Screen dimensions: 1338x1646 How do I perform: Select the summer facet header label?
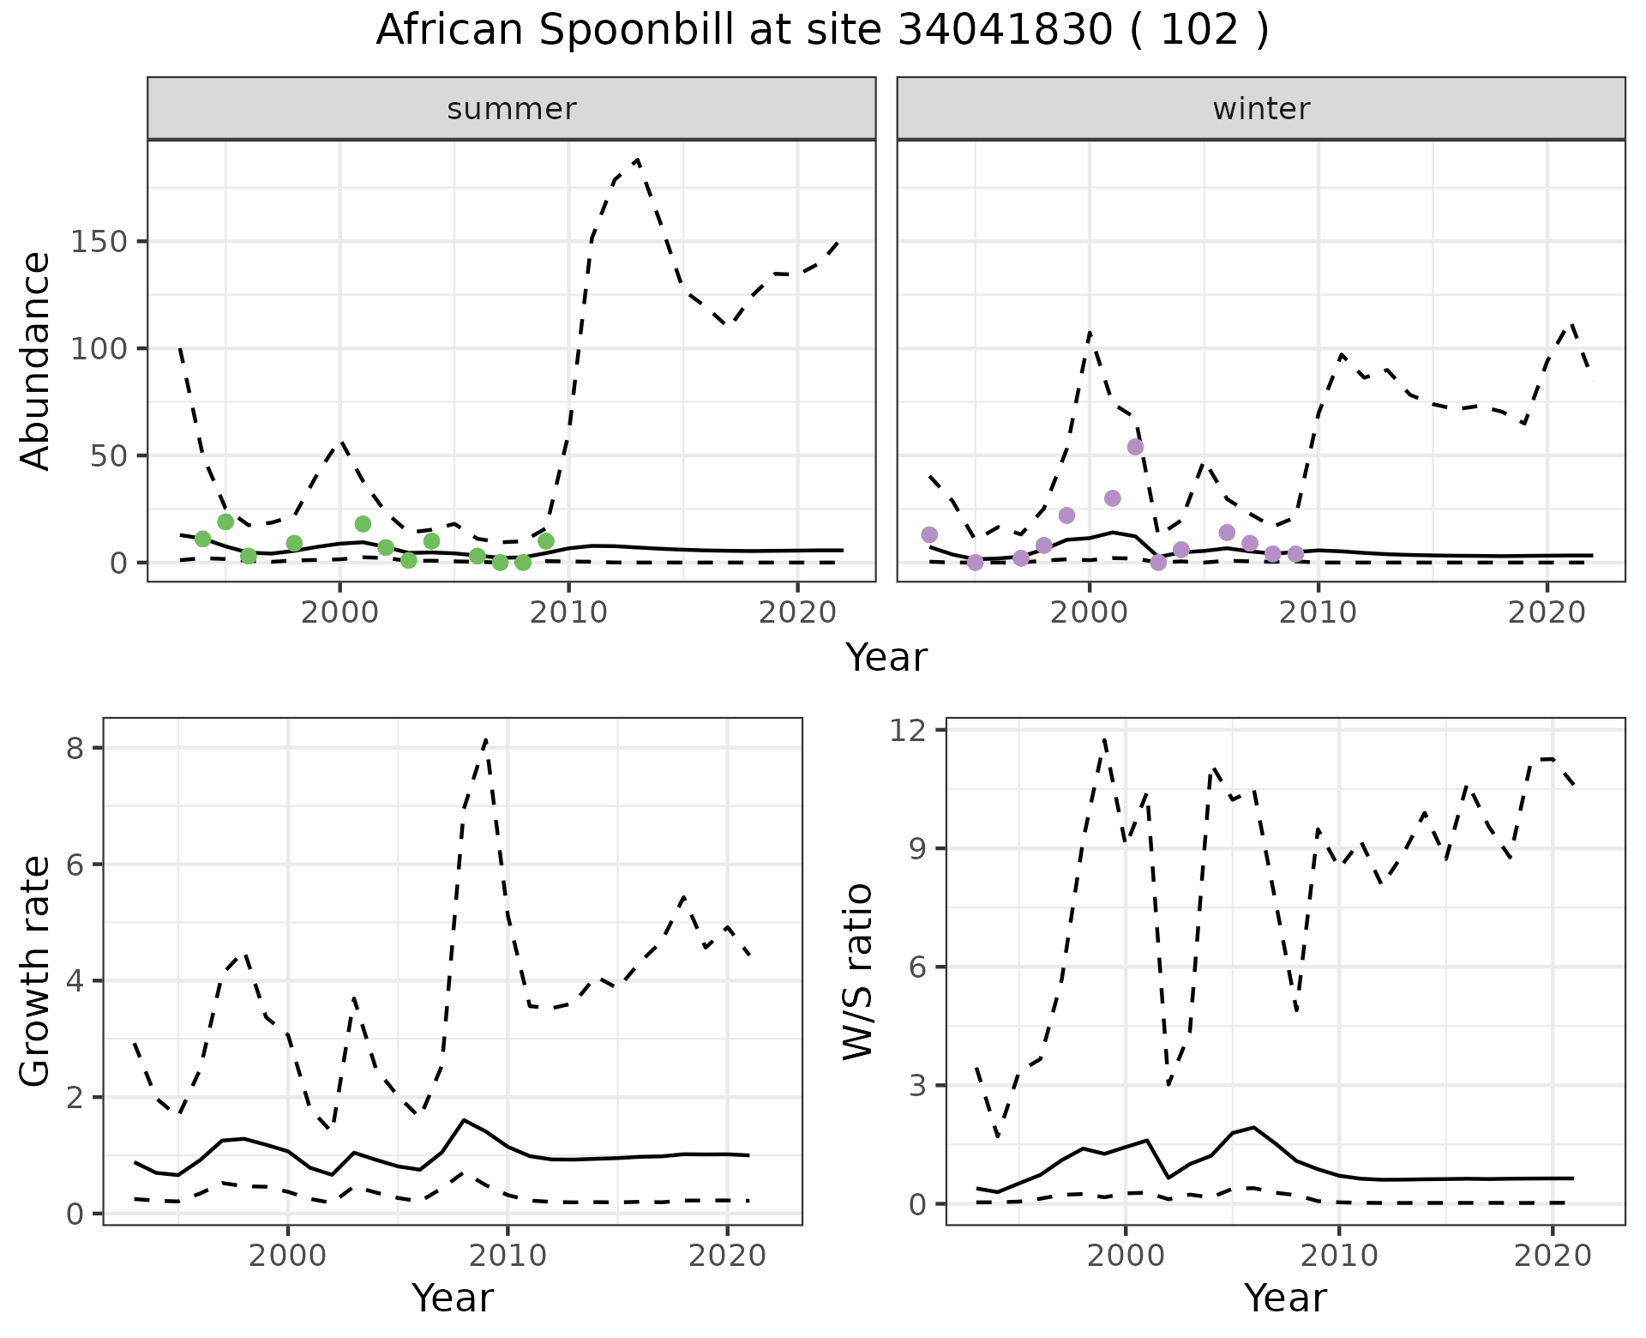tap(512, 109)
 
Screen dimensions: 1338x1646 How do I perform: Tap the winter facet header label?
tap(1261, 109)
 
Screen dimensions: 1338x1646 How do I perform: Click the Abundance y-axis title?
tap(36, 361)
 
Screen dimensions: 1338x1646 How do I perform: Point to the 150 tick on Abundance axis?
tap(99, 242)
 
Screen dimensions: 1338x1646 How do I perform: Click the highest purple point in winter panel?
tap(1135, 447)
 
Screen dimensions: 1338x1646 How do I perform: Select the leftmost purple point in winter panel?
tap(929, 534)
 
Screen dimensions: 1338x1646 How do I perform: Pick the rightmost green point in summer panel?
tap(546, 540)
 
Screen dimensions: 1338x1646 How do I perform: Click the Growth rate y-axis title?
tap(36, 972)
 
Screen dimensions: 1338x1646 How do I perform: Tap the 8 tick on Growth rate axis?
tap(78, 748)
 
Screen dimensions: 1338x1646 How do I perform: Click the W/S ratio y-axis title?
tap(857, 972)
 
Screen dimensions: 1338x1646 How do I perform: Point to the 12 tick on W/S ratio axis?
tap(917, 730)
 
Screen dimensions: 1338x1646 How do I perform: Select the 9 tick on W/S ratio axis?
tap(925, 848)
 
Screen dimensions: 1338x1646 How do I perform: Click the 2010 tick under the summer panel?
tap(568, 612)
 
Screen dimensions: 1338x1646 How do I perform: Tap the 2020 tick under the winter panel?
tap(1547, 612)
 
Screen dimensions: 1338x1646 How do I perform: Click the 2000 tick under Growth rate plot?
tap(288, 1256)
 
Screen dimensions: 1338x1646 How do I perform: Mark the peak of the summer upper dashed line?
tap(637, 160)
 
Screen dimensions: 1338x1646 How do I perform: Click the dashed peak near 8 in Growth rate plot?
tap(486, 738)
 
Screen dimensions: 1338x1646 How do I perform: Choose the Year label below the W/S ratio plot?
tap(1285, 1298)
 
